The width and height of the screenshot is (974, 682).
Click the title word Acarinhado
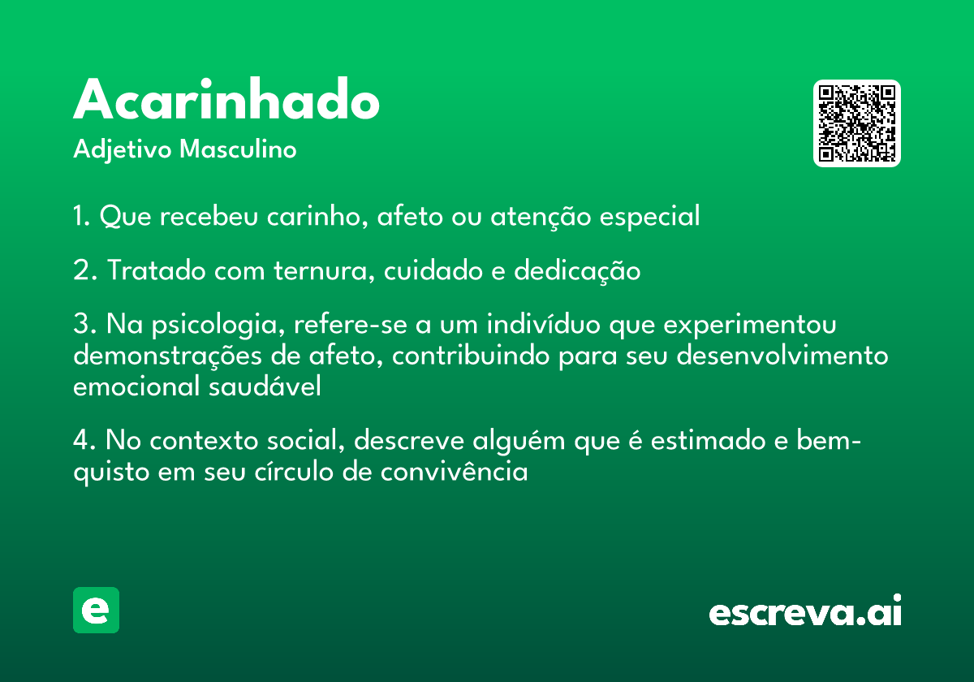226,99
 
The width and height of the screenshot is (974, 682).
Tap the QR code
856,123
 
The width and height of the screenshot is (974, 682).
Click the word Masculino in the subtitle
238,149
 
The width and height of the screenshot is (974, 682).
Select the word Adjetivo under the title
123,150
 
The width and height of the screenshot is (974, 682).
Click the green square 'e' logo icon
96,610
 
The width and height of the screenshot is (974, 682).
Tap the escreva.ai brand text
805,610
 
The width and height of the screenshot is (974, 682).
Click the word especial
649,217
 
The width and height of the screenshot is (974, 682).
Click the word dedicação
577,271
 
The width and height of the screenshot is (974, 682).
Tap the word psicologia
218,325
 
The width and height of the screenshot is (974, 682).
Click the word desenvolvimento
782,356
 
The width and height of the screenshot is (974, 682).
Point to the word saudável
265,386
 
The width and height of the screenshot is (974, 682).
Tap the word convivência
454,471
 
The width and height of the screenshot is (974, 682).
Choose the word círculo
294,471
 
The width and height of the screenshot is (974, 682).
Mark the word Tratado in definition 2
156,270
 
